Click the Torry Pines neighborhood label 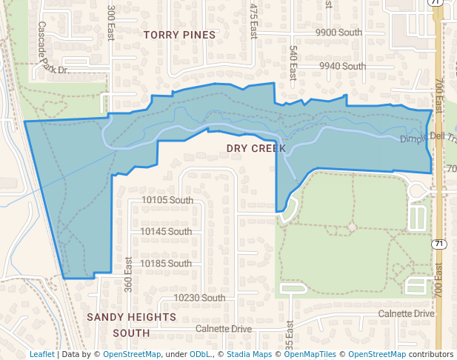coord(179,35)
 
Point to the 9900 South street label coord(338,33)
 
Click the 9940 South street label coord(342,66)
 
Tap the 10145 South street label coord(166,232)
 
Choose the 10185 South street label coord(166,264)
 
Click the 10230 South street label coord(199,298)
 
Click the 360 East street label coord(128,274)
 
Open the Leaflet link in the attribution coord(41,354)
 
